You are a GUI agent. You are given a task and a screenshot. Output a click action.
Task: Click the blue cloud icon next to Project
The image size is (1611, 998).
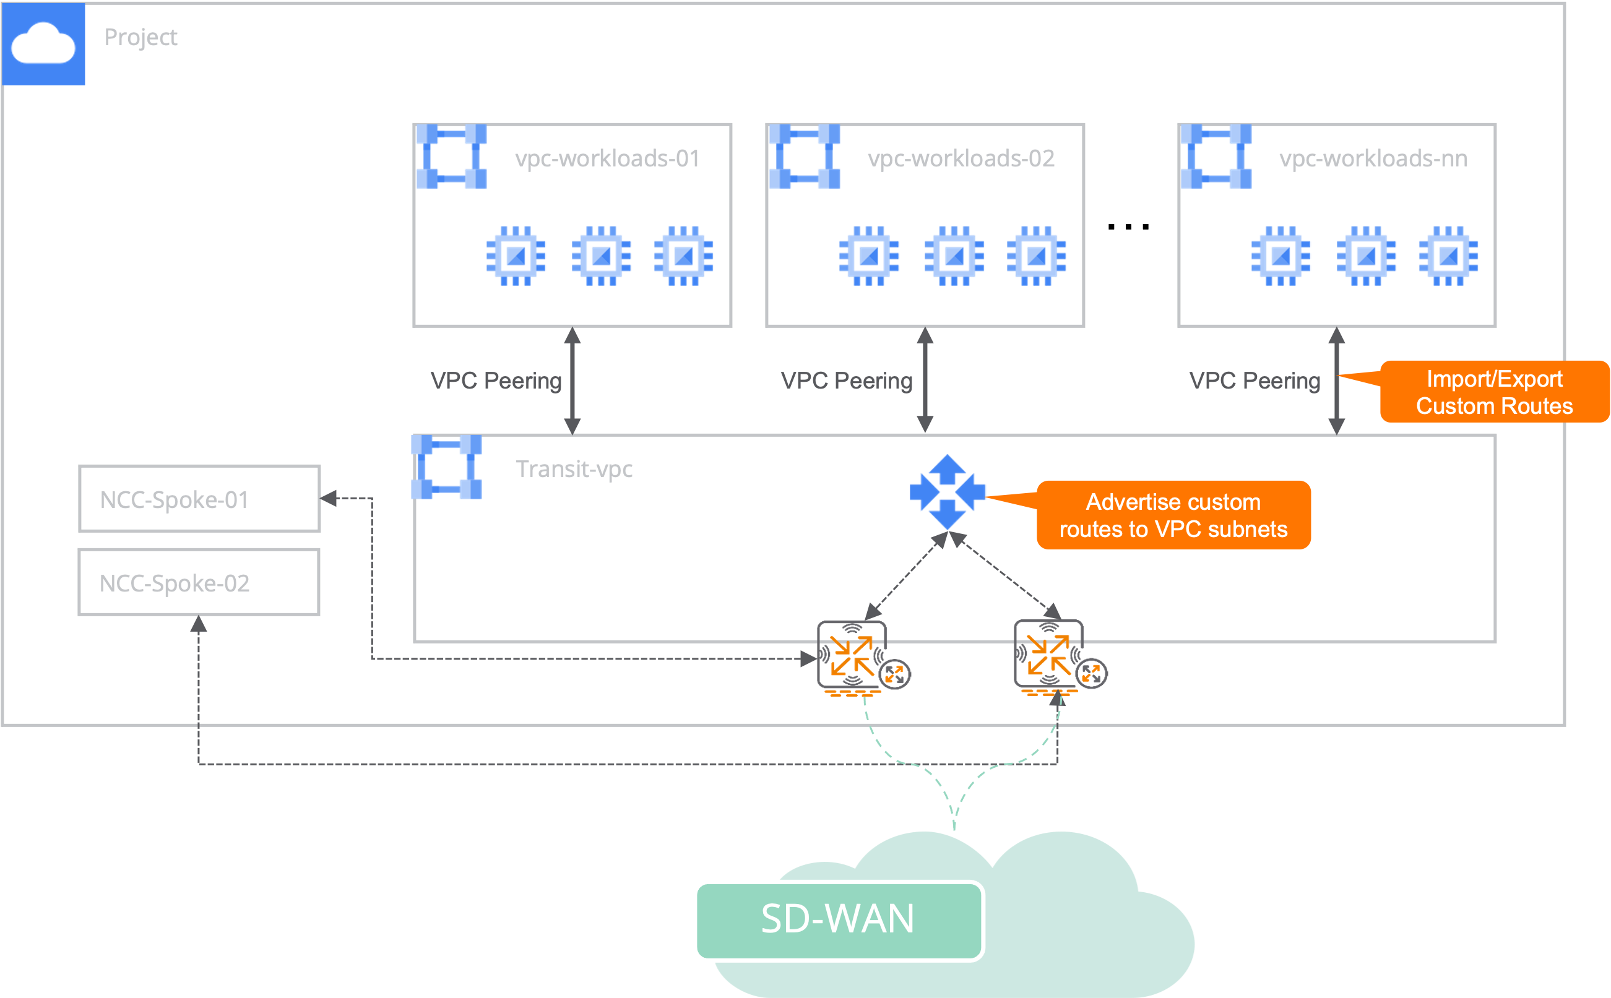[43, 43]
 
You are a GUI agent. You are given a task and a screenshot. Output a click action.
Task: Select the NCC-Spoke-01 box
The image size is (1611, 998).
[199, 499]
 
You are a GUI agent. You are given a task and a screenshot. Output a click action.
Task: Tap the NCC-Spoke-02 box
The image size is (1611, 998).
[199, 582]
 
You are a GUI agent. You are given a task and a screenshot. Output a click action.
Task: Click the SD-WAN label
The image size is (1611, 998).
[838, 919]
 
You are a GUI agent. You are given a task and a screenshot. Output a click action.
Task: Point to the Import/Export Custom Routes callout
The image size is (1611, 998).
[1493, 392]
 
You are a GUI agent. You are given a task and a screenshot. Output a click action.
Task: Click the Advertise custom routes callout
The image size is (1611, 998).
[1173, 515]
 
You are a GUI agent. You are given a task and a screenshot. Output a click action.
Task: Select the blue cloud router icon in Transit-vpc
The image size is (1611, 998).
[948, 492]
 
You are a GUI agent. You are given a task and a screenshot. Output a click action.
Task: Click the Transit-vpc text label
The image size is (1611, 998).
[573, 469]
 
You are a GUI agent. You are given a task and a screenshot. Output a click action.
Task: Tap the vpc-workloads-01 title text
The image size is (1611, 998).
[607, 158]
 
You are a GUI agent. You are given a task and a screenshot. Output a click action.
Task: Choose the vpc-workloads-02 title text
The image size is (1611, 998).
[961, 158]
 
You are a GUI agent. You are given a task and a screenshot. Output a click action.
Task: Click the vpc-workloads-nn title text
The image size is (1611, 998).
[1373, 158]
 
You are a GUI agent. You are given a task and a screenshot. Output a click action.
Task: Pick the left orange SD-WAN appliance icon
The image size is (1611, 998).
[852, 656]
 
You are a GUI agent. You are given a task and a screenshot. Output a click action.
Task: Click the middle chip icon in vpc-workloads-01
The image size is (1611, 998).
[601, 256]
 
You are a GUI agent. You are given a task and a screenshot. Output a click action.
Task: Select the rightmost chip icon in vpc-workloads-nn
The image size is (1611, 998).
[1449, 256]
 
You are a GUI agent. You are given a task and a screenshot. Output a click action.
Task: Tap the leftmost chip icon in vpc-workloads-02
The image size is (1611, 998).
[869, 256]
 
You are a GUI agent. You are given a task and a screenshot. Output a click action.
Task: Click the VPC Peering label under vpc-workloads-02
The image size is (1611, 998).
[846, 381]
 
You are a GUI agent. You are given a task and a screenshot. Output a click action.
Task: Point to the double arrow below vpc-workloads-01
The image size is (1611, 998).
[572, 381]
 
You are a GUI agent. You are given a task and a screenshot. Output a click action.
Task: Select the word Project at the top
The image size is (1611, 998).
[140, 38]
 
